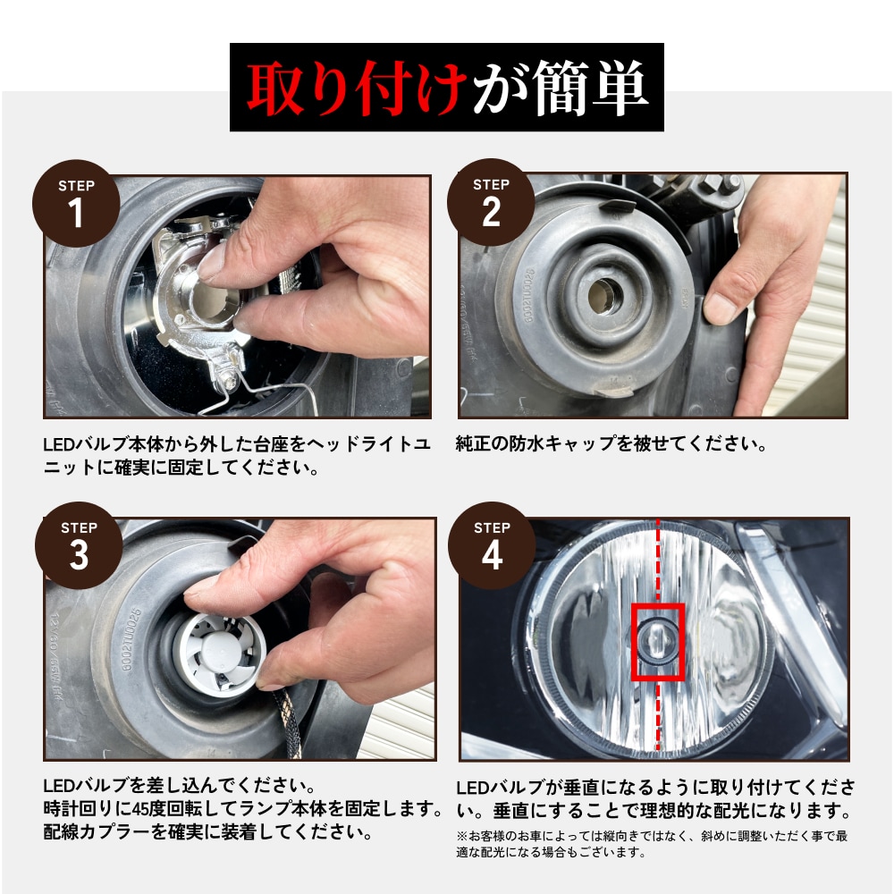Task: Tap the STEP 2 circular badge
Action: (491, 203)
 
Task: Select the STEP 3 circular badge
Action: (79, 545)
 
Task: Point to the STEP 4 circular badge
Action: (492, 545)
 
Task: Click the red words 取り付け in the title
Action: (358, 88)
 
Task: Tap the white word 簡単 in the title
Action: (590, 88)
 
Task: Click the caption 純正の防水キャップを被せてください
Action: (611, 443)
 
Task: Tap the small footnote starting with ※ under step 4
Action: (652, 844)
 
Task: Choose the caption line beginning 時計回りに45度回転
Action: (243, 810)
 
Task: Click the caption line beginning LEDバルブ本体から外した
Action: (238, 443)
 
